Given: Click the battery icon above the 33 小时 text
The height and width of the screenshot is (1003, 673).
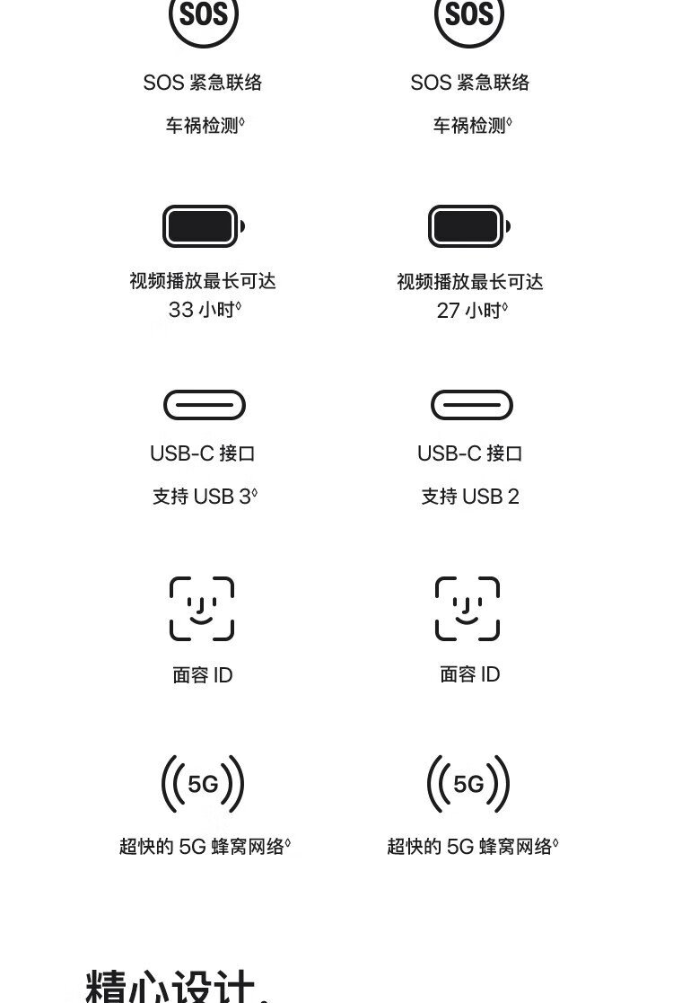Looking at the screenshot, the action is [203, 225].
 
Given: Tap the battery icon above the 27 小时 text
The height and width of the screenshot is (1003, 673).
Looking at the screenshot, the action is [469, 225].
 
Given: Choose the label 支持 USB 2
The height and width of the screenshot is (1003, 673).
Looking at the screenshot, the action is [470, 496].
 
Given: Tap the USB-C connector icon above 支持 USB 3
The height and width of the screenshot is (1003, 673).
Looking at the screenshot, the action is [205, 405].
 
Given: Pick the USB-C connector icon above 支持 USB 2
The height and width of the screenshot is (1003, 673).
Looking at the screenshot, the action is [472, 405].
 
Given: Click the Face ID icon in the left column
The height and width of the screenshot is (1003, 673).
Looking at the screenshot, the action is [202, 608].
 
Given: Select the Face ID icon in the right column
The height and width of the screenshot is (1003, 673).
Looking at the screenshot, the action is [468, 608].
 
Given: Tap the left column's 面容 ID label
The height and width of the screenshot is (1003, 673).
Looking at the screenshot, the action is [203, 675].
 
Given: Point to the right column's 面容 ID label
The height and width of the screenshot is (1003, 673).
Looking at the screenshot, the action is [470, 674].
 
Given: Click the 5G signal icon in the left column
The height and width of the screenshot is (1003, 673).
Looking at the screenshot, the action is [203, 784].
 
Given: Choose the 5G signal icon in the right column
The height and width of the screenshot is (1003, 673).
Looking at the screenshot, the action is [468, 784].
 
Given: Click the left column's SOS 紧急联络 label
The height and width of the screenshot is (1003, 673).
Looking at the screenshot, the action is [203, 83].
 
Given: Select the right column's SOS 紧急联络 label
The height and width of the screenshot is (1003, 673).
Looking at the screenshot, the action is [470, 83].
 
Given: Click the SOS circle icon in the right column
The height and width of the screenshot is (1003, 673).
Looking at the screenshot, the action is [469, 14].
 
